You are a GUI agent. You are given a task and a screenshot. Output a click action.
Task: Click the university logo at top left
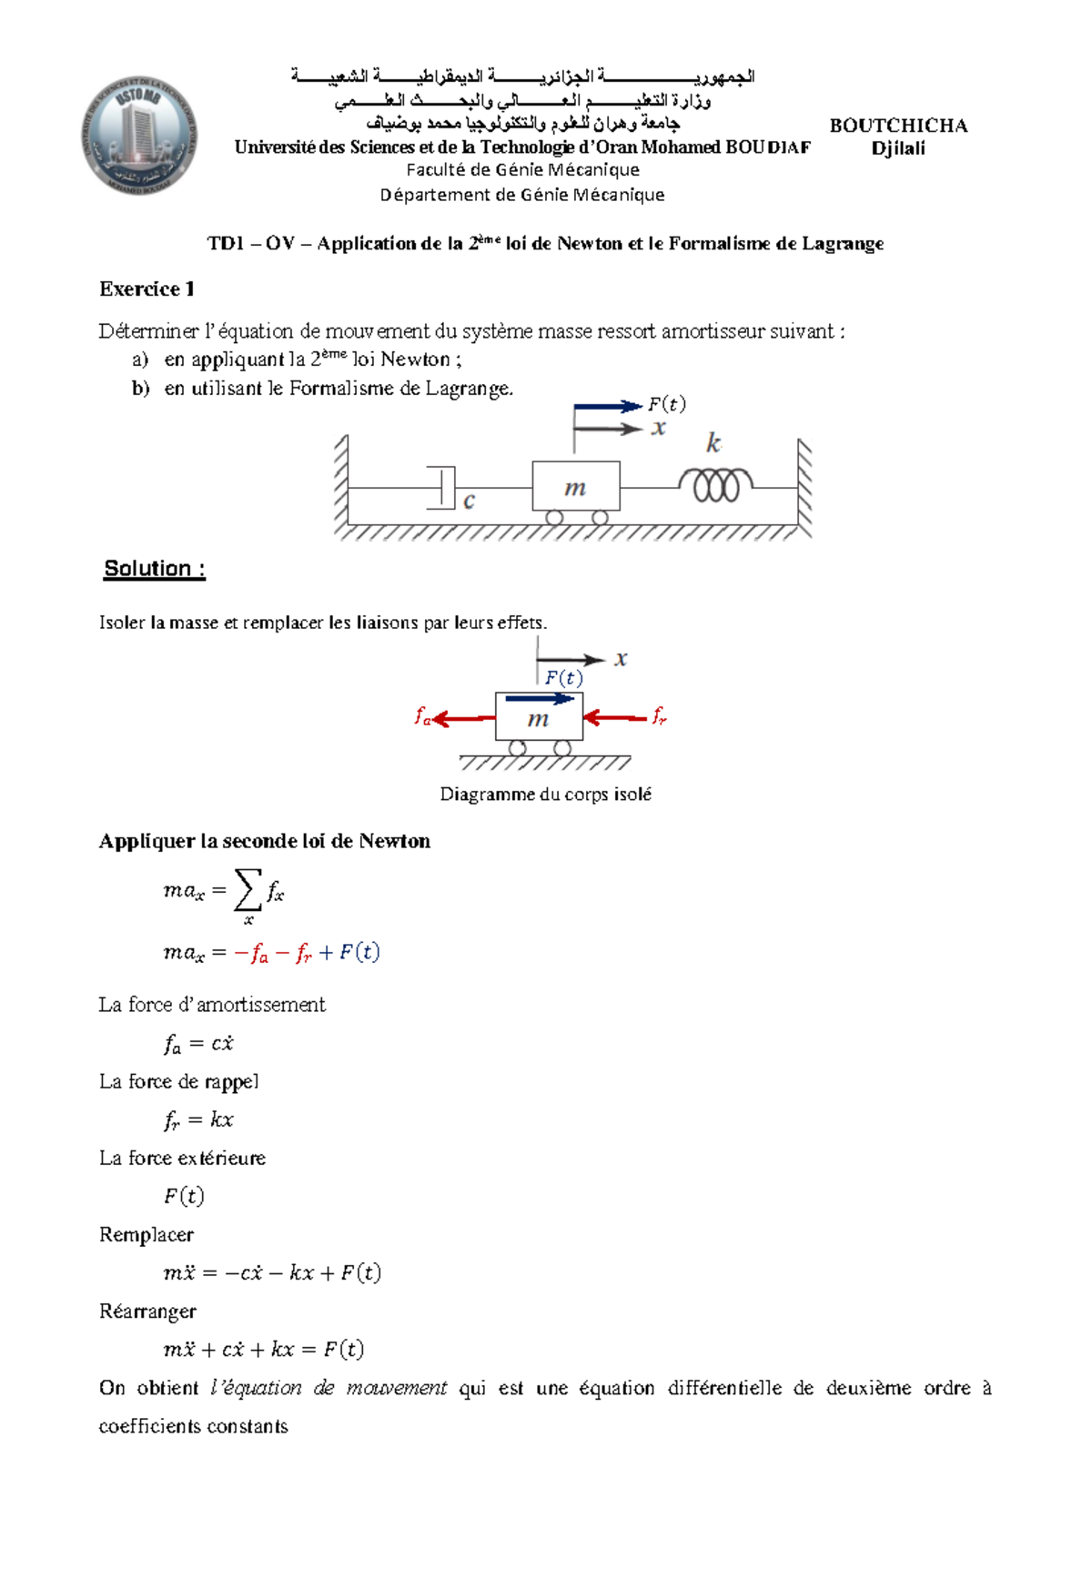point(138,136)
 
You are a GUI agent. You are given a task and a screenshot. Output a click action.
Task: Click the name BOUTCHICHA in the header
point(897,126)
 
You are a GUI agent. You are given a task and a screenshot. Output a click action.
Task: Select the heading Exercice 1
point(147,289)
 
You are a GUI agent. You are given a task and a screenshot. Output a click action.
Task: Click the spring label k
point(713,443)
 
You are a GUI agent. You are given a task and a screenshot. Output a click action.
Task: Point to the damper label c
point(469,501)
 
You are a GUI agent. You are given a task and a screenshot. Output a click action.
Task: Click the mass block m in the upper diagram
point(575,487)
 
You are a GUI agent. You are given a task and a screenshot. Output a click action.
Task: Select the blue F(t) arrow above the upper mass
point(607,406)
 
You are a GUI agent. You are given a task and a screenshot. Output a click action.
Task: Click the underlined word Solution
point(155,569)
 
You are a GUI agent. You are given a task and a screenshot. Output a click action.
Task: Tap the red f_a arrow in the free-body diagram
point(464,719)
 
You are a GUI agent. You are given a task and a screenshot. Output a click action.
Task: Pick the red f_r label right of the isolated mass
point(660,716)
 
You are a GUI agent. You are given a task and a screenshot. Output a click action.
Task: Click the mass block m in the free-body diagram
point(539,719)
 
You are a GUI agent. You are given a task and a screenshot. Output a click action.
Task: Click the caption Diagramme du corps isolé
point(545,795)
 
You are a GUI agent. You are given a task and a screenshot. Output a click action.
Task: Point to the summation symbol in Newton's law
point(247,889)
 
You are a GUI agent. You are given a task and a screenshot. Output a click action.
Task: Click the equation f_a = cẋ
point(198,1044)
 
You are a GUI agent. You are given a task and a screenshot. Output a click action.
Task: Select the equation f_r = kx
point(198,1120)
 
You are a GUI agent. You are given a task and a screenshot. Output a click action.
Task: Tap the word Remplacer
point(147,1235)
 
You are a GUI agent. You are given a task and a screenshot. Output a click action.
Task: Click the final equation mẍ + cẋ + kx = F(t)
point(263,1349)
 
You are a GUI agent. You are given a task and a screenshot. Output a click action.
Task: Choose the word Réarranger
point(147,1311)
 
